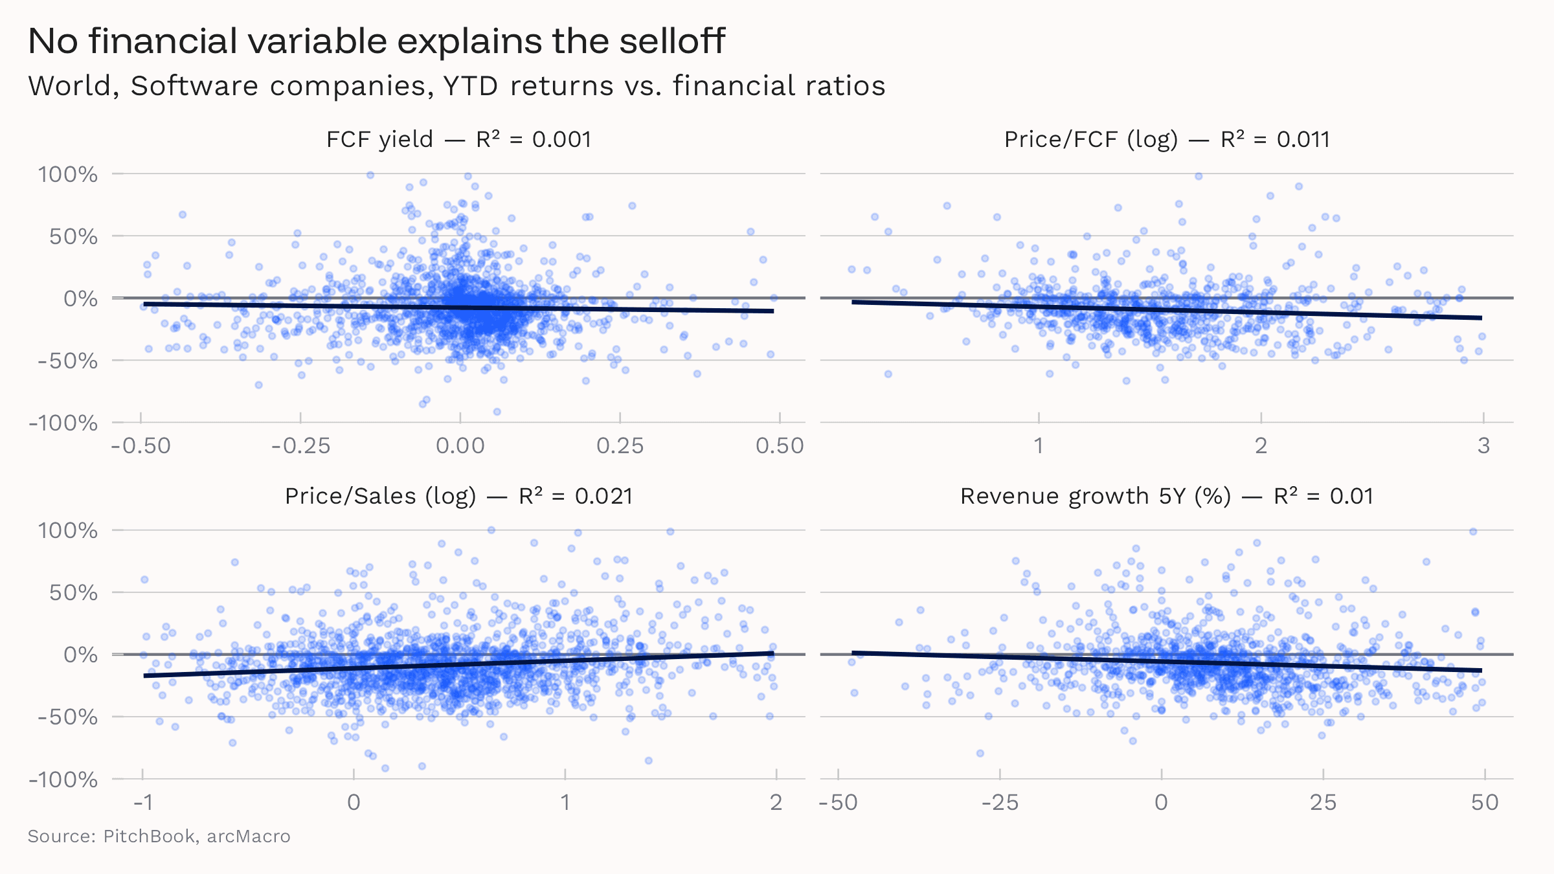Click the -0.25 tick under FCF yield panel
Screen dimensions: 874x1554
300,445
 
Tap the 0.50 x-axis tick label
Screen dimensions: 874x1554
780,445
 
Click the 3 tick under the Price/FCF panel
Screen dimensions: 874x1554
1483,445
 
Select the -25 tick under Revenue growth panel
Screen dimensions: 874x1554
1000,803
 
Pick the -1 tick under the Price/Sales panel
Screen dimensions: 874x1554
143,803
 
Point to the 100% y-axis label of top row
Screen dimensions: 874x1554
68,174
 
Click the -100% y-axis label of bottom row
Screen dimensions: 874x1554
63,779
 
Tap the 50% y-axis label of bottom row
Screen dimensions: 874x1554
73,592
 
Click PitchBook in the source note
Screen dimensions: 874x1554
149,836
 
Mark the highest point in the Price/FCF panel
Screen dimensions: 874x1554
1199,176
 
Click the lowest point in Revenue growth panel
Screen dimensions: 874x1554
980,754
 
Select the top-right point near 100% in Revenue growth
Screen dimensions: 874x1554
1473,532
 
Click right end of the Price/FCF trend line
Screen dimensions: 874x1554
1481,318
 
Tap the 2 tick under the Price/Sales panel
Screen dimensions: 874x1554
776,803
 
